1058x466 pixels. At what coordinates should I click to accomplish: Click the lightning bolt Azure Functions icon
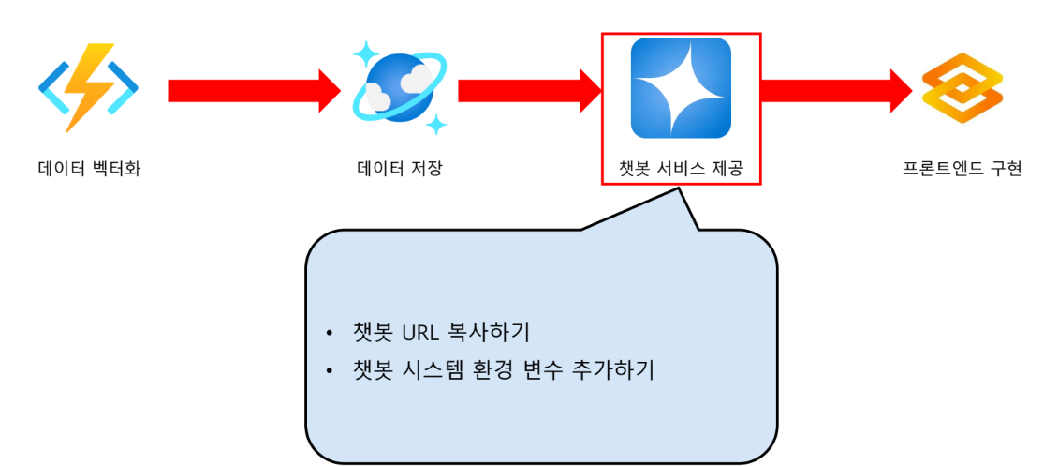pyautogui.click(x=89, y=88)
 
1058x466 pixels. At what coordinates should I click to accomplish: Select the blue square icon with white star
pyautogui.click(x=681, y=88)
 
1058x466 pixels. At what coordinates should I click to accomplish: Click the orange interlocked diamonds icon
pyautogui.click(x=962, y=90)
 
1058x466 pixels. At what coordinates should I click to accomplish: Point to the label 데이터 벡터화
pyautogui.click(x=89, y=170)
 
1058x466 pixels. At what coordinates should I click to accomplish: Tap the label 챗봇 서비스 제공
pyautogui.click(x=681, y=170)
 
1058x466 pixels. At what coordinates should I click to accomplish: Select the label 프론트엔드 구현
pyautogui.click(x=962, y=170)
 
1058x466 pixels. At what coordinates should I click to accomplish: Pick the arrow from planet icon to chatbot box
pyautogui.click(x=530, y=90)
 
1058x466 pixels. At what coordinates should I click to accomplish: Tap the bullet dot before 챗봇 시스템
pyautogui.click(x=330, y=372)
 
